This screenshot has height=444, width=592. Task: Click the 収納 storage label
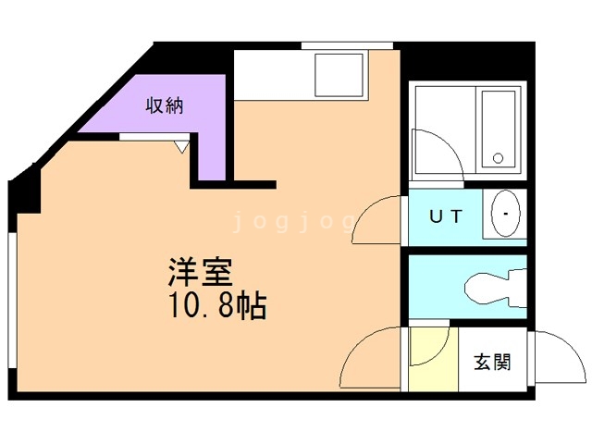[x=164, y=105]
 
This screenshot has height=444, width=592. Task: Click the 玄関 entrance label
[x=492, y=361]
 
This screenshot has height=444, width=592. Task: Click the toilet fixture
[x=490, y=286]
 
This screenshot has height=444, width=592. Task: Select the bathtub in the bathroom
[x=500, y=130]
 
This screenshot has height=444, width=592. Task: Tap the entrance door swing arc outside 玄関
[x=555, y=356]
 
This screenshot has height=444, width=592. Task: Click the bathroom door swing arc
[x=435, y=153]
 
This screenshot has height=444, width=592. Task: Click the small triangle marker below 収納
[x=182, y=144]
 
